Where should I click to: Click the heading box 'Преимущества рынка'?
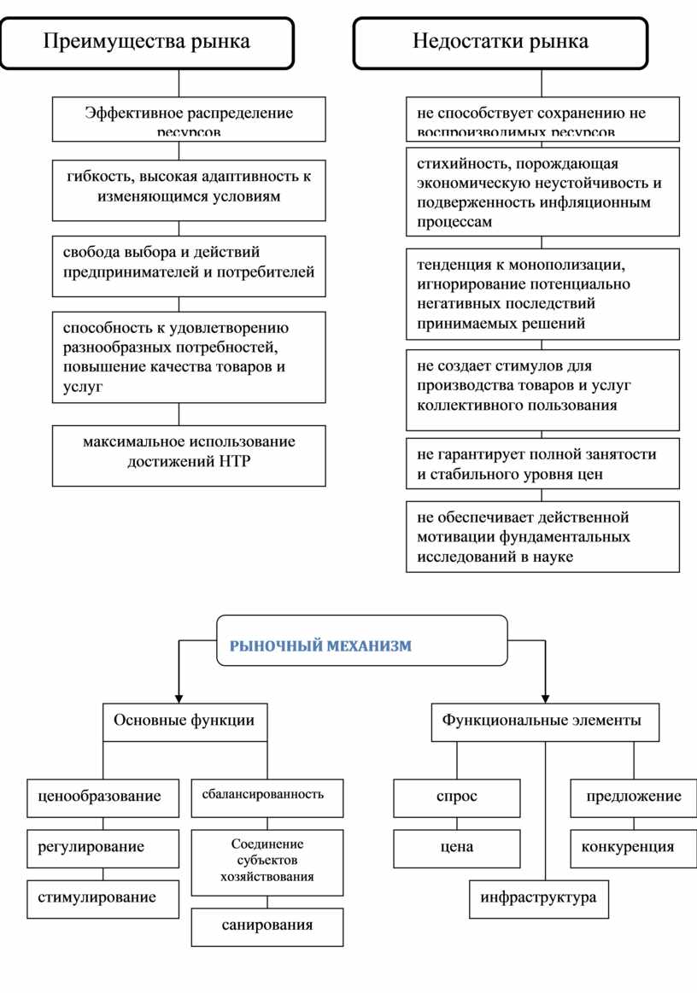pyautogui.click(x=147, y=42)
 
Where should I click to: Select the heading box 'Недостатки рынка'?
pyautogui.click(x=501, y=42)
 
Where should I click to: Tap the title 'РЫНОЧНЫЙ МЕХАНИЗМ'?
pyautogui.click(x=320, y=646)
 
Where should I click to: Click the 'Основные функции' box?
pyautogui.click(x=184, y=721)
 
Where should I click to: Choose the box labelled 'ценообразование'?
pyautogui.click(x=103, y=797)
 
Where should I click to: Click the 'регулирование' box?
pyautogui.click(x=103, y=847)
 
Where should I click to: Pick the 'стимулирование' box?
pyautogui.click(x=103, y=897)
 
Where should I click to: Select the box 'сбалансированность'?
pyautogui.click(x=267, y=795)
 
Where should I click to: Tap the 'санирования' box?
pyautogui.click(x=267, y=926)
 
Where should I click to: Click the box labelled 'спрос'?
pyautogui.click(x=457, y=797)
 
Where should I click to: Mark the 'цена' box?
pyautogui.click(x=457, y=847)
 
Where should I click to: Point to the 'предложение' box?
pyautogui.click(x=634, y=797)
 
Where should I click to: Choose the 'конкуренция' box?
pyautogui.click(x=634, y=847)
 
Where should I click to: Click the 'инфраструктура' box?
pyautogui.click(x=539, y=897)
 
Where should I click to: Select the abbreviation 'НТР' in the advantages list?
pyautogui.click(x=237, y=463)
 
